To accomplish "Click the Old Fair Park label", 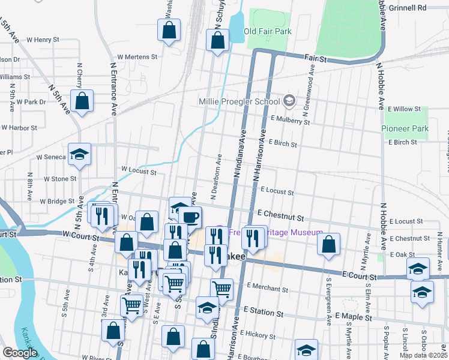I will click(267, 31).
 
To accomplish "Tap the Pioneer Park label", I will click(405, 129).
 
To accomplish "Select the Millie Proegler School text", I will click(240, 101).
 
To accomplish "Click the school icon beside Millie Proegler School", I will click(289, 100).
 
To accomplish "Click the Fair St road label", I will click(315, 59).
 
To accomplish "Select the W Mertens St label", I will click(137, 57).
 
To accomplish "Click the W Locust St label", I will click(139, 172).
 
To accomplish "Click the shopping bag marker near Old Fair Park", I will click(217, 41).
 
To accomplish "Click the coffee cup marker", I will click(191, 217).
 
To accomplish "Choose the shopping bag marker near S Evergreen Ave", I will click(328, 244).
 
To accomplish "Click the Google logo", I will click(20, 353).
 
